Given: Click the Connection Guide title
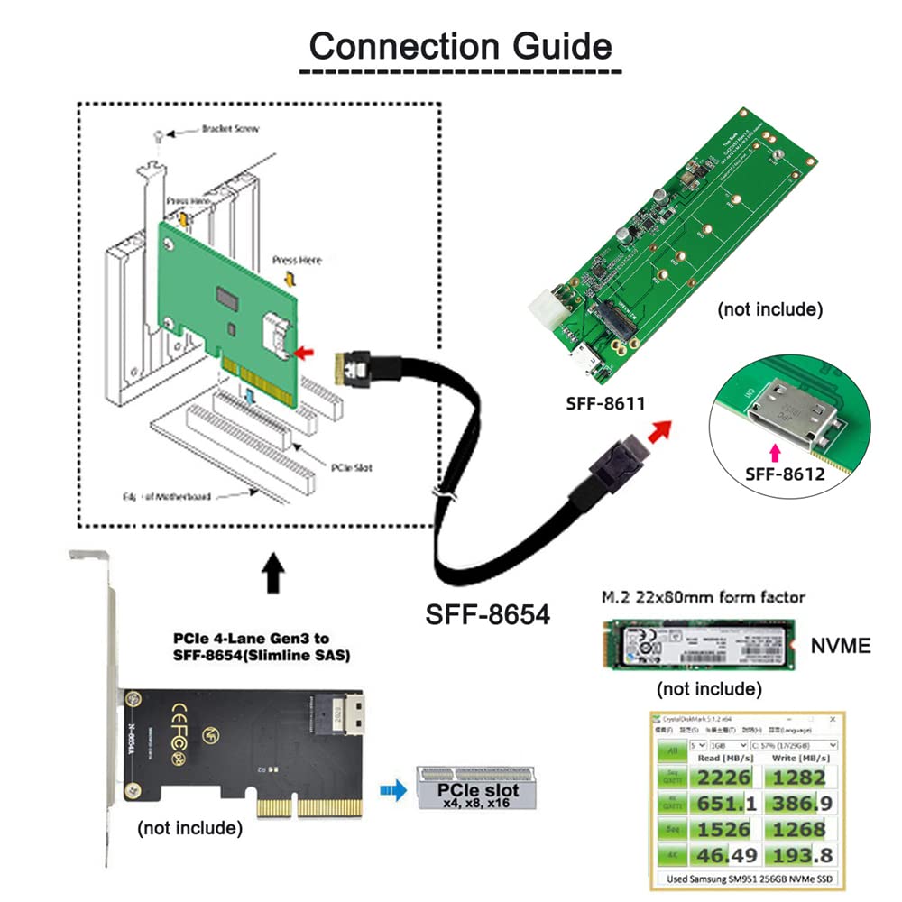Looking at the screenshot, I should click(x=460, y=45).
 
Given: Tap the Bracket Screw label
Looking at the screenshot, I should click(x=230, y=129).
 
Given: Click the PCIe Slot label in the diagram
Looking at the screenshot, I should click(x=351, y=468).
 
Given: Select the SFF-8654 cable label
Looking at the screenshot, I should click(x=487, y=615).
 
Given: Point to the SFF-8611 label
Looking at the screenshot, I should click(x=607, y=403).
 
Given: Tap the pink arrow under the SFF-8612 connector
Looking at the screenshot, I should click(x=772, y=448).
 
